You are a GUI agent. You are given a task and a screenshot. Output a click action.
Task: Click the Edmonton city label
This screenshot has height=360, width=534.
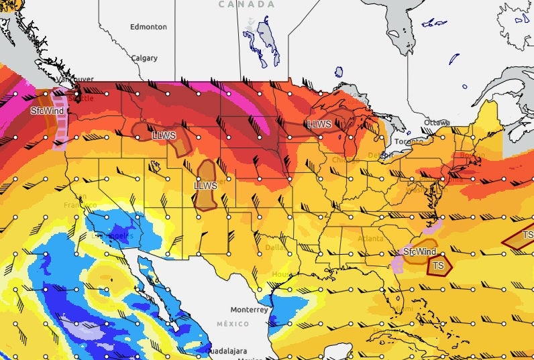[x=148, y=27]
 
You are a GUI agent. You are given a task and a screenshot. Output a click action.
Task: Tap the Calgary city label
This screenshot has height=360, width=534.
[x=144, y=58]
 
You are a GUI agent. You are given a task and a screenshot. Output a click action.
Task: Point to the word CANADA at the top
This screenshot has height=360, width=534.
[x=247, y=5]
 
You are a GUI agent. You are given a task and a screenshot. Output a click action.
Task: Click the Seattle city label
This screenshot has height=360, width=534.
[x=81, y=98]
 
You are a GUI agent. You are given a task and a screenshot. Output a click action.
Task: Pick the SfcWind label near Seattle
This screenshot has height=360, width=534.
[x=48, y=111]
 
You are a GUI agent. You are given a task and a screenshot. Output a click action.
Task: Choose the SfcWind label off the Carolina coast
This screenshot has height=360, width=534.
[x=419, y=251]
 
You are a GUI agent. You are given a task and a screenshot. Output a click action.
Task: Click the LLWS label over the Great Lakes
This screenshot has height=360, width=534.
[x=319, y=124]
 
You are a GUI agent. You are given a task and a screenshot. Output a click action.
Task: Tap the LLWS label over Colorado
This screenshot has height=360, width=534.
[x=205, y=185]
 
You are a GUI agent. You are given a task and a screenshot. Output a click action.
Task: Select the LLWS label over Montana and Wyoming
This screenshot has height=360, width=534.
[x=164, y=135]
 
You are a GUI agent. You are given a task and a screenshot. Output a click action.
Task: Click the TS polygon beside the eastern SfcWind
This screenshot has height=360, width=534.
[x=439, y=265]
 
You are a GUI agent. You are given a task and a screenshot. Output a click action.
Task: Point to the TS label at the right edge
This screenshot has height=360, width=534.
[x=527, y=235]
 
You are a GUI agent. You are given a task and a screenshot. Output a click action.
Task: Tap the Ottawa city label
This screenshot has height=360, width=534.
[x=437, y=123]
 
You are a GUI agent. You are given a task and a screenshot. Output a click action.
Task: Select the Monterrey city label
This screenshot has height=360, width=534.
[x=249, y=310]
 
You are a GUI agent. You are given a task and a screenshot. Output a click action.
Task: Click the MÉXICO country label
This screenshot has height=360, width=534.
[x=232, y=324]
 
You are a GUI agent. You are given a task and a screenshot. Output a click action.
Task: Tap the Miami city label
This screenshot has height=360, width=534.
[x=403, y=309]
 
